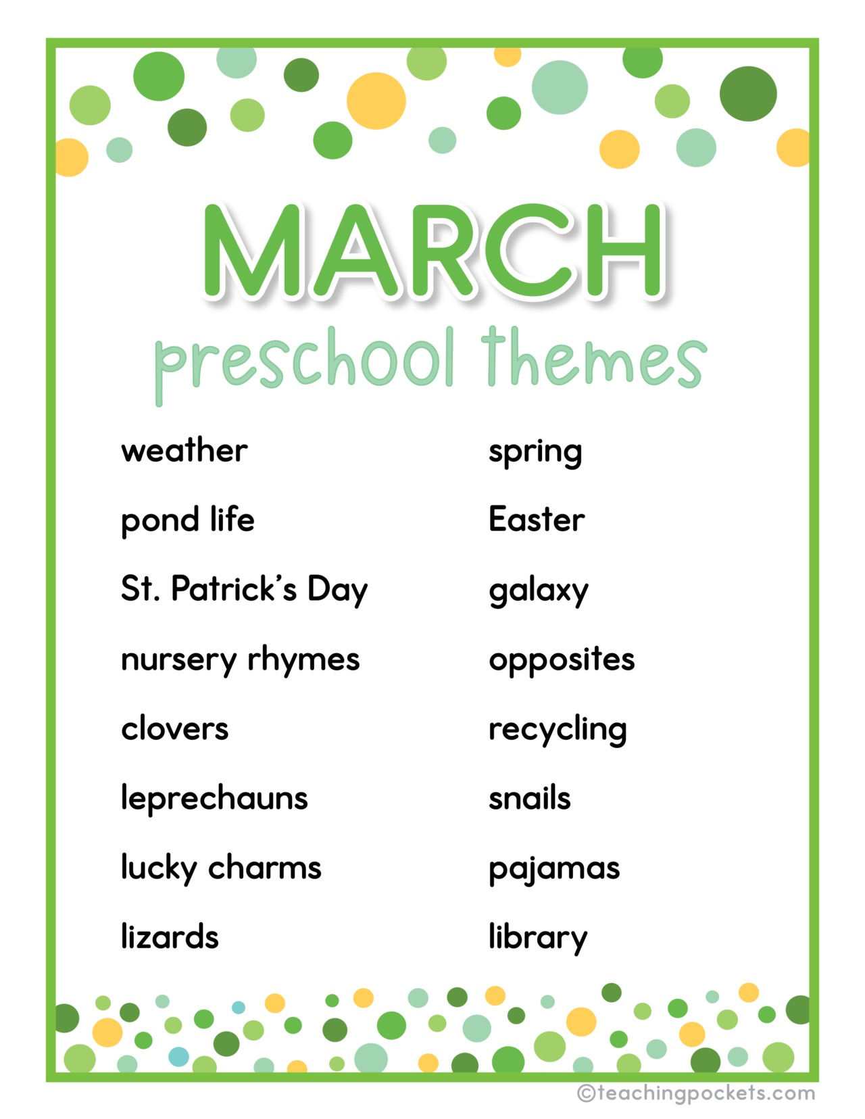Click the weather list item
(184, 451)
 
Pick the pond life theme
(188, 520)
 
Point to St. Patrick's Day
(244, 589)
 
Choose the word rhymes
(303, 660)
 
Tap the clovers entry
(175, 729)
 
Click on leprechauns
(214, 799)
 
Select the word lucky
(159, 868)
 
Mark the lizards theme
(170, 937)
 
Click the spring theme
(535, 453)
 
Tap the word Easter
(537, 520)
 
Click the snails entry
(530, 799)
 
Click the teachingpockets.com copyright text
(696, 1093)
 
